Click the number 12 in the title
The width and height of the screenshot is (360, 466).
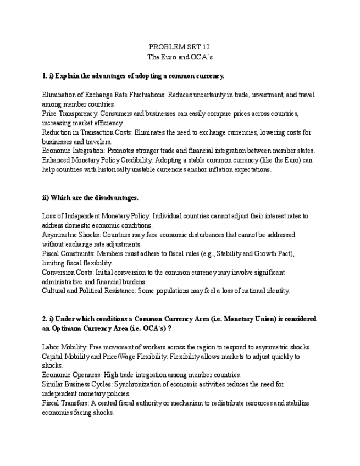point(205,47)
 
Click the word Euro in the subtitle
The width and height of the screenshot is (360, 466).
point(168,57)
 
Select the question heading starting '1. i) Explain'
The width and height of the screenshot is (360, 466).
point(133,76)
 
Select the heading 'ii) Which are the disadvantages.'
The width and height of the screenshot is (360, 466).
point(90,198)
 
